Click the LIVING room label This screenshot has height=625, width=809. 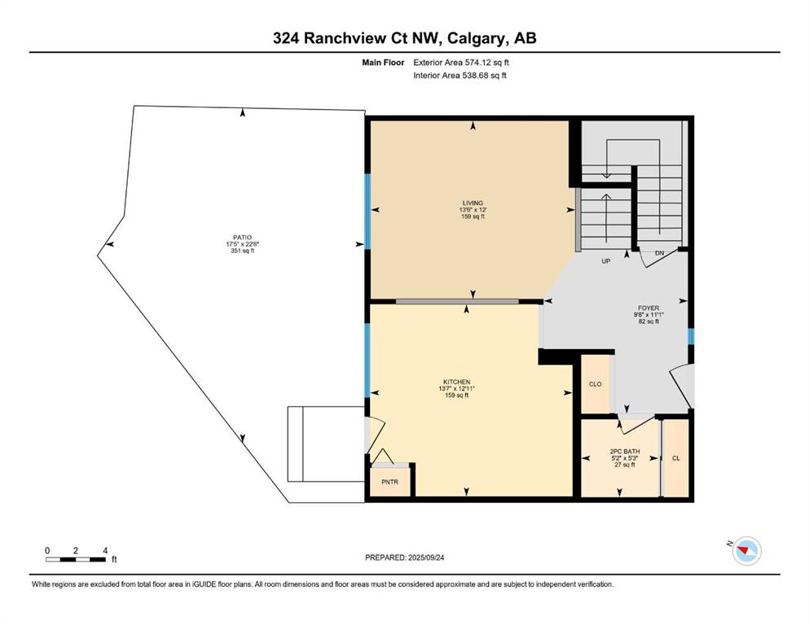[473, 203]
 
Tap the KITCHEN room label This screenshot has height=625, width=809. [456, 382]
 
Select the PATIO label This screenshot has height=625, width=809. [243, 238]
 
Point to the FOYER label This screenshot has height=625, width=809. [649, 308]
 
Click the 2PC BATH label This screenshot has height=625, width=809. [625, 452]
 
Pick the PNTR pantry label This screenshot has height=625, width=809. [390, 483]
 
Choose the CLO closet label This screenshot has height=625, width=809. [595, 384]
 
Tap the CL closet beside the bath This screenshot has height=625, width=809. [676, 458]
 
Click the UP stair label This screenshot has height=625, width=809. [605, 261]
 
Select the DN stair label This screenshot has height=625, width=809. [659, 253]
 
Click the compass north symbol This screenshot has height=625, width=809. [746, 550]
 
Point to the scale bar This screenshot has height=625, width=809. [76, 559]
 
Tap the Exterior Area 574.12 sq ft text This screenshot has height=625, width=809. [461, 63]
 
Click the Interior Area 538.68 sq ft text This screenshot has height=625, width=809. [459, 75]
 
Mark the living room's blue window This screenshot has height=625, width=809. [368, 212]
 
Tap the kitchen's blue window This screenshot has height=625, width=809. [368, 361]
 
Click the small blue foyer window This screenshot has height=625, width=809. [691, 336]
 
